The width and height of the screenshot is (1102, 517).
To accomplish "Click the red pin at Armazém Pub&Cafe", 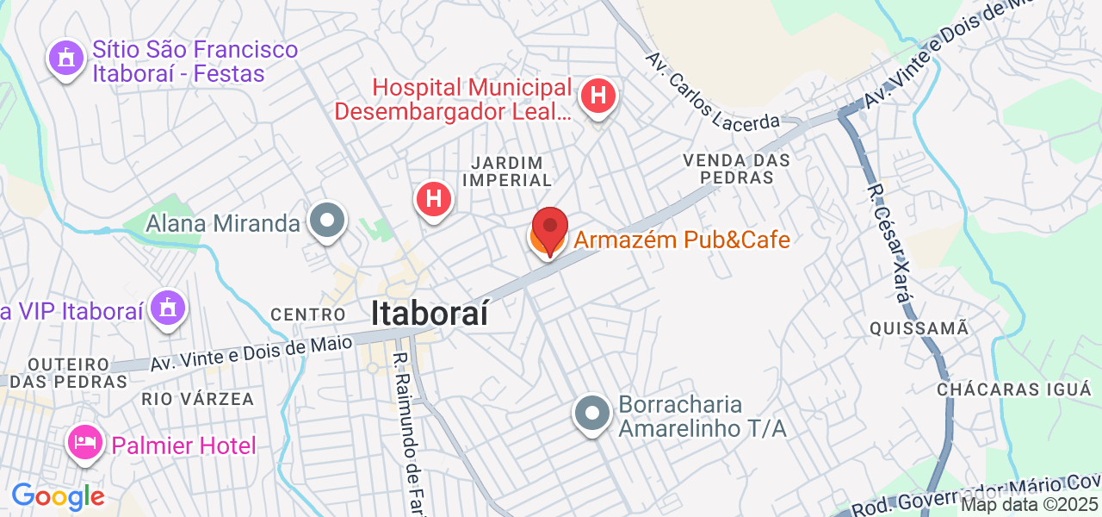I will [549, 228].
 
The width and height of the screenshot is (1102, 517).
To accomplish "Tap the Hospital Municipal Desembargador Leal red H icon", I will [598, 95].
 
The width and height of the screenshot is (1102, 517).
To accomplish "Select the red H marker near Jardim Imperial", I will [435, 200].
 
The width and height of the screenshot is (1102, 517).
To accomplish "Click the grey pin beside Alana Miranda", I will [327, 221].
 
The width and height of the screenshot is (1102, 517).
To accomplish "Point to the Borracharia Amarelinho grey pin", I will [592, 414].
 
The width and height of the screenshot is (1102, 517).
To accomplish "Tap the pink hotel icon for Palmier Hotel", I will [84, 443].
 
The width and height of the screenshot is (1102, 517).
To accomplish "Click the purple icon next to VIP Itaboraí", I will [168, 308].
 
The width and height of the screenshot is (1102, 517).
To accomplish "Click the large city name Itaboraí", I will [430, 314].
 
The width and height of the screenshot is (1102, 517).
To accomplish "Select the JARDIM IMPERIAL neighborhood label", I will [506, 171].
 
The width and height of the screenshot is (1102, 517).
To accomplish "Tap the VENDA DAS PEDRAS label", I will [736, 169].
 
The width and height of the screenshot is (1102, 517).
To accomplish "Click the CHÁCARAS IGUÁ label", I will [1014, 389].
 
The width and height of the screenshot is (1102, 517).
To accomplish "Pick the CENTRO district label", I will [308, 315].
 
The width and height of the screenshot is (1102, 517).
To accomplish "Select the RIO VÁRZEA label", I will [198, 399].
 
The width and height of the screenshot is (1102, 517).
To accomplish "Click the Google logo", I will [58, 496].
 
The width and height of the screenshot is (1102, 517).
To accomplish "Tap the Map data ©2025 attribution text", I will [1030, 505].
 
